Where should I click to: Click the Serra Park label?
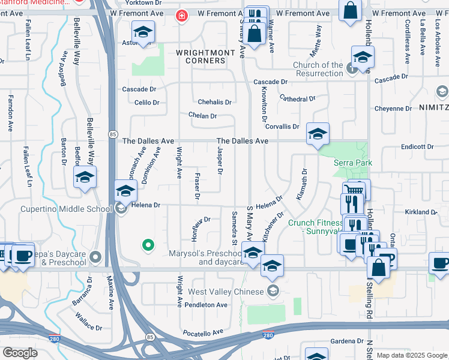pos(354,163)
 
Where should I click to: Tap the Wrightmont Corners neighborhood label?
pos(205,57)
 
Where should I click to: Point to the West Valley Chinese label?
pos(226,292)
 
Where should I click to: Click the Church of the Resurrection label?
pos(318,69)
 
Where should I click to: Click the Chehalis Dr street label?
pos(215,102)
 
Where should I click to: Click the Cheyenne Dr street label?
pos(393,109)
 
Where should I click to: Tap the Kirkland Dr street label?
pos(420,212)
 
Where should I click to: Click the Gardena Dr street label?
pos(347,341)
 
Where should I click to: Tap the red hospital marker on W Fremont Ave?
pos(181,15)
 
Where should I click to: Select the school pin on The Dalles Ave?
pos(318,134)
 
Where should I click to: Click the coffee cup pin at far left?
pos(23,255)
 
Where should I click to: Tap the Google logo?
pos(20,353)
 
